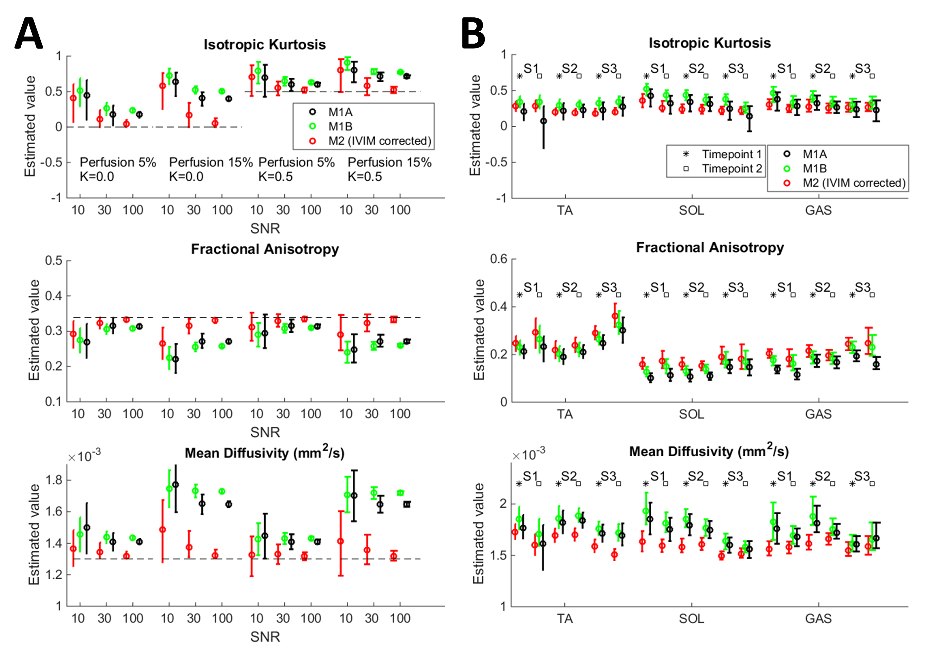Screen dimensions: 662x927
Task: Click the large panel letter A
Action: pos(28,34)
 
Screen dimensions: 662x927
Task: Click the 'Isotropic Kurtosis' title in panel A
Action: pos(265,45)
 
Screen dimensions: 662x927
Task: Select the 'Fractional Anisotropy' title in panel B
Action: pos(710,247)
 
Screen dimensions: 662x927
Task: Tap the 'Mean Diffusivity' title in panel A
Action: pos(265,453)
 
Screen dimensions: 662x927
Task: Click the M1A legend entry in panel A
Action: pos(340,112)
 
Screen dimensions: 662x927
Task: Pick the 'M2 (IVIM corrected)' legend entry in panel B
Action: pos(854,183)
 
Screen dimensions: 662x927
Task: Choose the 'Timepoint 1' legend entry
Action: pos(731,154)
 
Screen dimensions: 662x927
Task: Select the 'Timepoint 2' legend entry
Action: pos(731,168)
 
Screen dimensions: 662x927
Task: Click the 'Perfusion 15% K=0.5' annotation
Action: pos(389,169)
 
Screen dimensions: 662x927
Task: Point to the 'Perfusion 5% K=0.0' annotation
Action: pos(118,169)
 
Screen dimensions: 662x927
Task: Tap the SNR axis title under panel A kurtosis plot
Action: pos(265,229)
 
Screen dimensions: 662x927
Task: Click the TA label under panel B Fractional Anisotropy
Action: pos(565,414)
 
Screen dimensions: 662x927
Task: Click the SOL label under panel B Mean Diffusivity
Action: pos(692,619)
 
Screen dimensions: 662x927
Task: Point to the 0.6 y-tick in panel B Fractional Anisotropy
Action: pos(498,259)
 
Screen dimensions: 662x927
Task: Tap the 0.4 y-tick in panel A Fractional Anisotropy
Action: pos(53,295)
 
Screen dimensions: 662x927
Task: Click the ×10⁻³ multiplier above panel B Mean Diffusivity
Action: pos(528,454)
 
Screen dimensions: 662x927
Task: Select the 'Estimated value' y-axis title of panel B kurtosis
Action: pos(475,126)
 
